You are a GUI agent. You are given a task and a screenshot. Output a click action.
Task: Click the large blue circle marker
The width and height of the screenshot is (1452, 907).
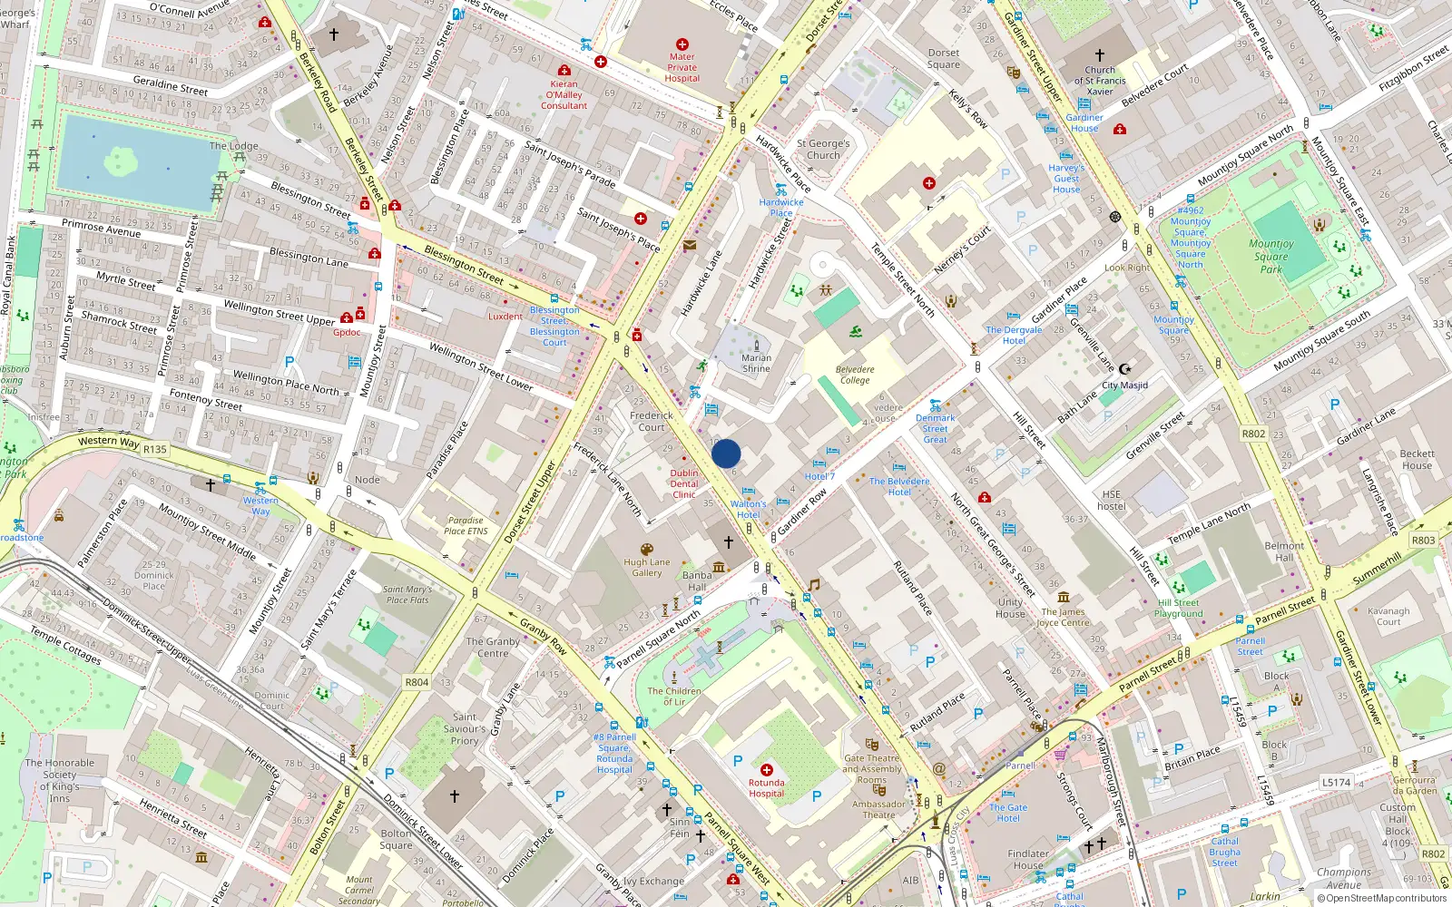click(726, 453)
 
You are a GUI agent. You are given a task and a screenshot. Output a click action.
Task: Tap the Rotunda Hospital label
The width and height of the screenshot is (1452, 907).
click(767, 788)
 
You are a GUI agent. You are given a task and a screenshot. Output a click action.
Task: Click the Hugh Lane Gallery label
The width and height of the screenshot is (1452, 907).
click(647, 567)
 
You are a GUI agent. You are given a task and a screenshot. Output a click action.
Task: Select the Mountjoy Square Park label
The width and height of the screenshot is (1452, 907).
click(1271, 256)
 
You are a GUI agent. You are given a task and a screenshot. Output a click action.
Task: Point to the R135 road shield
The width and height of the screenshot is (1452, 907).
click(155, 449)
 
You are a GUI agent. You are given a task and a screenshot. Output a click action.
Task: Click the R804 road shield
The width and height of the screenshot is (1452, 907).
click(417, 682)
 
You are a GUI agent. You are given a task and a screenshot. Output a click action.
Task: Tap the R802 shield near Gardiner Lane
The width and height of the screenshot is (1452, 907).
click(1253, 434)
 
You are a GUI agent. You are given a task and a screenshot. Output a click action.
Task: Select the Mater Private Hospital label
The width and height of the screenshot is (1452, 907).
click(682, 67)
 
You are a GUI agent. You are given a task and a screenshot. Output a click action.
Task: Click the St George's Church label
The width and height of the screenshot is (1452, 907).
click(823, 150)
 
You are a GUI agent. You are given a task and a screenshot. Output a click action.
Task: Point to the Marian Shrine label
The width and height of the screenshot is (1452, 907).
click(756, 363)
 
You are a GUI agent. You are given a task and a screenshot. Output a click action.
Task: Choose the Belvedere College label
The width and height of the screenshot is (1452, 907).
click(855, 375)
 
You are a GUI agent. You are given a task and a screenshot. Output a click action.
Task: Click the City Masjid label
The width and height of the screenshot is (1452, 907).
click(1124, 385)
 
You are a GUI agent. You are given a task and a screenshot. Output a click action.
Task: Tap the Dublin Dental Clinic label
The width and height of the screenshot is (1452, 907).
click(684, 483)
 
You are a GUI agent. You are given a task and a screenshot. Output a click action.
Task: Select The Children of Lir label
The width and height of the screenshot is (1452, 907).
click(674, 696)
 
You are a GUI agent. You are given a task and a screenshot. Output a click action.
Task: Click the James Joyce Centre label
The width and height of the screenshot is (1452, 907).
click(1063, 617)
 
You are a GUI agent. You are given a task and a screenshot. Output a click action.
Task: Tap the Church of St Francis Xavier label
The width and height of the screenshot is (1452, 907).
click(1100, 81)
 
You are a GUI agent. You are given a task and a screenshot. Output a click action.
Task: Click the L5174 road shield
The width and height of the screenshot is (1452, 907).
click(1336, 782)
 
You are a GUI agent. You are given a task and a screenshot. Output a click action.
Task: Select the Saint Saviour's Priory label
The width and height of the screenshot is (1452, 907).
click(465, 728)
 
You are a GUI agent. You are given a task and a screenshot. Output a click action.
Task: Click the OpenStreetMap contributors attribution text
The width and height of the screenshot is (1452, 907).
click(1382, 898)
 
